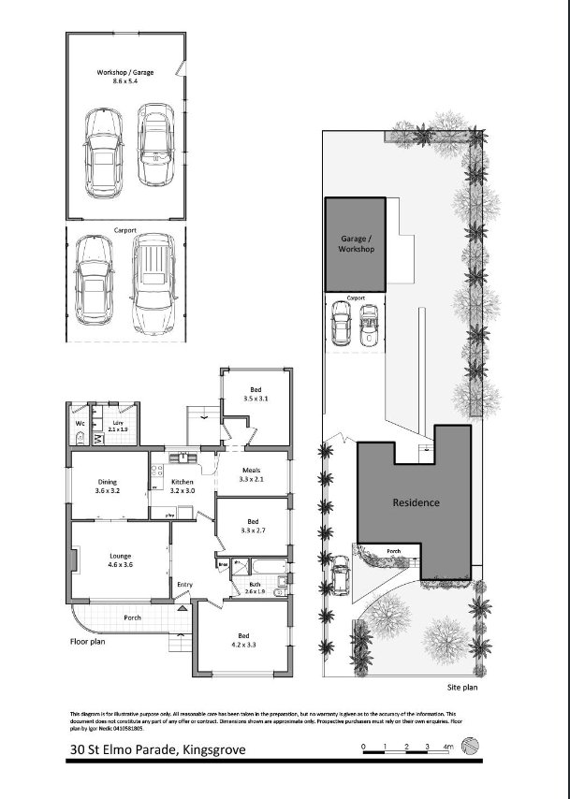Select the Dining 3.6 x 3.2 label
pyautogui.click(x=109, y=486)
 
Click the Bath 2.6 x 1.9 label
pyautogui.click(x=256, y=588)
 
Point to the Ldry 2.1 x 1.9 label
pyautogui.click(x=118, y=426)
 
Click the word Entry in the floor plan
pyautogui.click(x=184, y=585)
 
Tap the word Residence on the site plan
pyautogui.click(x=415, y=502)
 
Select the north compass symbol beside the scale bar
pyautogui.click(x=474, y=746)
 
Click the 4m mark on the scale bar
pyautogui.click(x=447, y=746)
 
